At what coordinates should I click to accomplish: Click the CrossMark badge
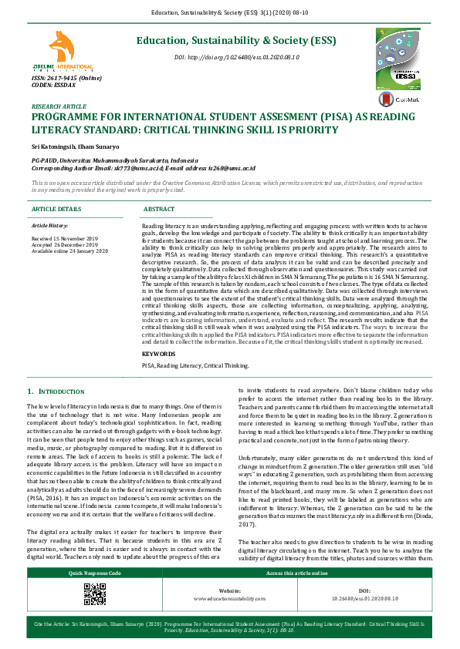pos(397,99)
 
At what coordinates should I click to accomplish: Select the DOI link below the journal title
pos(236,58)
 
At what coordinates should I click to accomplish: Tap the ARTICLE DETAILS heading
pos(56,209)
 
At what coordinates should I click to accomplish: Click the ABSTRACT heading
pos(159,209)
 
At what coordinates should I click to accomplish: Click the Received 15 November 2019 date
pos(65,239)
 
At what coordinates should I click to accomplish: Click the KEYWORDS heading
pos(159,354)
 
